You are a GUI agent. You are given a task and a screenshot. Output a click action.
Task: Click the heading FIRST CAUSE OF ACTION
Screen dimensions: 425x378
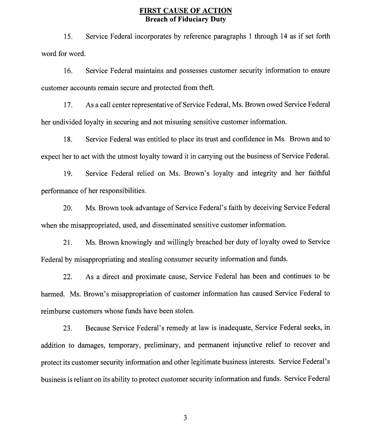(x=185, y=11)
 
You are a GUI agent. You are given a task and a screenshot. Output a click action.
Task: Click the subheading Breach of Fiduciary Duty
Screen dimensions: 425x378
(x=185, y=19)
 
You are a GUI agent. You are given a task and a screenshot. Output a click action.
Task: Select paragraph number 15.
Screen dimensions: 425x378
(x=68, y=36)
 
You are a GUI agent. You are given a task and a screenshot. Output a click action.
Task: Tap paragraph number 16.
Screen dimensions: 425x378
(x=68, y=71)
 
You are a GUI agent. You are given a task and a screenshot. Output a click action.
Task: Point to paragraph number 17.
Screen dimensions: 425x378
(x=68, y=105)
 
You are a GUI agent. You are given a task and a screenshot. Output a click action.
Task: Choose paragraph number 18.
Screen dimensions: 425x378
(x=68, y=139)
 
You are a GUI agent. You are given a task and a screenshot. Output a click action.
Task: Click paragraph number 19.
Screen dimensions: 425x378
(x=68, y=174)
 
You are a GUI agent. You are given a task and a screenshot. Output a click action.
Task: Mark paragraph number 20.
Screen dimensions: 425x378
(x=68, y=208)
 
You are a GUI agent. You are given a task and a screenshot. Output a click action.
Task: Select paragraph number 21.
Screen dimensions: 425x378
(x=68, y=242)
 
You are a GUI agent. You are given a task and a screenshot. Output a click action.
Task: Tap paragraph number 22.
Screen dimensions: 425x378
(x=68, y=277)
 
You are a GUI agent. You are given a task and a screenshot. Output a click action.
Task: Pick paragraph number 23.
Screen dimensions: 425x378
(x=68, y=328)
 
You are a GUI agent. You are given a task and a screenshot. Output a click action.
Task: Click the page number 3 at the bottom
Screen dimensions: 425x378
(x=185, y=417)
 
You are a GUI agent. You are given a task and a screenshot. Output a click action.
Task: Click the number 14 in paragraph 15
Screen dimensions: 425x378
(x=283, y=36)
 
